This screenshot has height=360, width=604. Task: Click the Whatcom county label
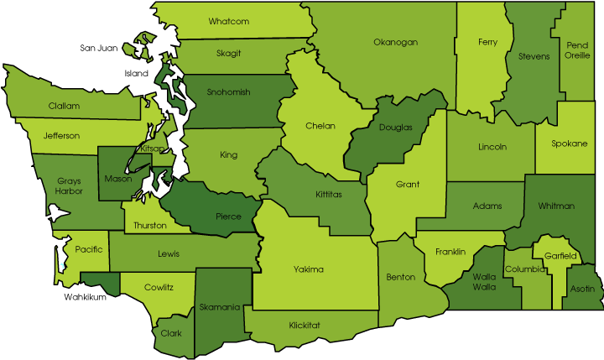pos(228,21)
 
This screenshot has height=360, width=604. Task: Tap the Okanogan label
pos(395,41)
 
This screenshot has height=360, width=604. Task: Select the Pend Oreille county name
pos(577,50)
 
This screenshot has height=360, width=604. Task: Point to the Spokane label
pos(569,143)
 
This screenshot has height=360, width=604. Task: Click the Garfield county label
pos(560,255)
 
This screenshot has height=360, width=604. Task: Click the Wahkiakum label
pos(86,296)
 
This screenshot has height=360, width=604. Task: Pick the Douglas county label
pos(395,128)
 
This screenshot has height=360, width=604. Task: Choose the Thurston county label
pos(149,225)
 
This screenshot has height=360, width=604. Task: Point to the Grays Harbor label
pos(69,185)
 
